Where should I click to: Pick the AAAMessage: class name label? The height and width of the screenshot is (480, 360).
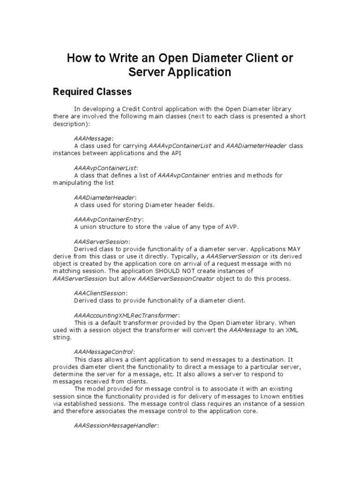pyautogui.click(x=94, y=138)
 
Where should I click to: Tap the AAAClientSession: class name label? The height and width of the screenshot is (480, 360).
pyautogui.click(x=100, y=292)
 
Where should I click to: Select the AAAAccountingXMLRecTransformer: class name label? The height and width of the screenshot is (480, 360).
pyautogui.click(x=127, y=315)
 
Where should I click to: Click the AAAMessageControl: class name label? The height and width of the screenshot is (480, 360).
pyautogui.click(x=104, y=351)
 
